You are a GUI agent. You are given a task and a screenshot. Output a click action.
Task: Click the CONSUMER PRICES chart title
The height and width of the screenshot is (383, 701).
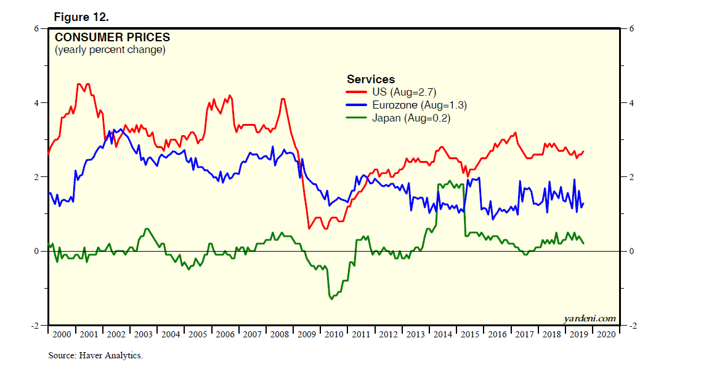[113, 38]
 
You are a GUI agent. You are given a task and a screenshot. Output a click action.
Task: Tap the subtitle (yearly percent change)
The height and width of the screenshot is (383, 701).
[110, 50]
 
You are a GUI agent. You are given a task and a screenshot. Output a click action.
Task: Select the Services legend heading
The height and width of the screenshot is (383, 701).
[371, 79]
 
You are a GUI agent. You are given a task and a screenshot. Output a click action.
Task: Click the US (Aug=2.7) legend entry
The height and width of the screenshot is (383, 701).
[403, 92]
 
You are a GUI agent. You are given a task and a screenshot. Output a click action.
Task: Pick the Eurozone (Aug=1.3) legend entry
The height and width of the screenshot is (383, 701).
[419, 105]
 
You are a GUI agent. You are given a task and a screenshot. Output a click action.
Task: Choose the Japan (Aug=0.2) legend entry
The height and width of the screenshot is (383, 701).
[411, 118]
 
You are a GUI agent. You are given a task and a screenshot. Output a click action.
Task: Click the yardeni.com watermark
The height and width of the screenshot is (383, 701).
[590, 318]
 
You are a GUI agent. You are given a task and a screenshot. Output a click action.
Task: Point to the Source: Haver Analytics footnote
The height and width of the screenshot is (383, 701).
[95, 356]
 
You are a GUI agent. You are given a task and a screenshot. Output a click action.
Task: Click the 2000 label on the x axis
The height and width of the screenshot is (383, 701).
[62, 334]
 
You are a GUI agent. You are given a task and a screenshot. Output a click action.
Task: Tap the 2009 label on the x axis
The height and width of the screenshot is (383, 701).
[306, 334]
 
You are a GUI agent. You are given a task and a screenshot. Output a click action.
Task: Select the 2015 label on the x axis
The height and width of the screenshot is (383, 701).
[469, 334]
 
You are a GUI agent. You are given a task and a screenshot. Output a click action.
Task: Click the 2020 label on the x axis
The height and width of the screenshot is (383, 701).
[606, 334]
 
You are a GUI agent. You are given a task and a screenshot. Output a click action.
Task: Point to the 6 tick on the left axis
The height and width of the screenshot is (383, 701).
[36, 28]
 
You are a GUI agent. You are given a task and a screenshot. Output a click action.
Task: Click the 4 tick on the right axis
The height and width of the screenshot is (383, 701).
[631, 103]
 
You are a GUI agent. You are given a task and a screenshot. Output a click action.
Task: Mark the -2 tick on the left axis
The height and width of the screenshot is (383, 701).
[35, 326]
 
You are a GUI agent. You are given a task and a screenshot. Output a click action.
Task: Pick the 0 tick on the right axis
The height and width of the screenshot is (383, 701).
[631, 252]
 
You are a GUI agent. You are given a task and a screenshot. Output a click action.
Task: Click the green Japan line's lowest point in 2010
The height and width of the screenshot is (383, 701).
[332, 299]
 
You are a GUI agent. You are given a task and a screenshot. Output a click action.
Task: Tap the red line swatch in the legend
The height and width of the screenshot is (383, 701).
[357, 92]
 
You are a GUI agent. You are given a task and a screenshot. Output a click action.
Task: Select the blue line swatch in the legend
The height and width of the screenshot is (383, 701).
[357, 105]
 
